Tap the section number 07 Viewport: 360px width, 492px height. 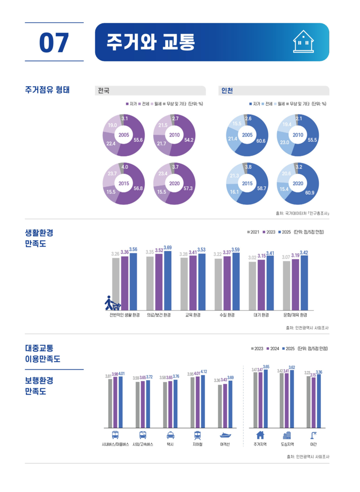pyautogui.click(x=54, y=42)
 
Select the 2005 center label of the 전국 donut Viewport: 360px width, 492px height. pyautogui.click(x=124, y=135)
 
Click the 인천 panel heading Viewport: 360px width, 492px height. pyautogui.click(x=227, y=91)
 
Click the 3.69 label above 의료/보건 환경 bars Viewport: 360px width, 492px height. pyautogui.click(x=168, y=248)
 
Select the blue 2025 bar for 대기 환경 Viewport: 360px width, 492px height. pyautogui.click(x=270, y=282)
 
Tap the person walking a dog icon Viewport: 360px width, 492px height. pyautogui.click(x=112, y=303)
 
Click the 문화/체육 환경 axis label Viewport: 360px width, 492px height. pyautogui.click(x=295, y=315)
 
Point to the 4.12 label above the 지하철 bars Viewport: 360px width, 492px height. pyautogui.click(x=204, y=372)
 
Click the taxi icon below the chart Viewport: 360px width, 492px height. pyautogui.click(x=170, y=435)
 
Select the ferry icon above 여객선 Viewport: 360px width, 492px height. pyautogui.click(x=225, y=435)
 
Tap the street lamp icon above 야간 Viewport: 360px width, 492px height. pyautogui.click(x=314, y=435)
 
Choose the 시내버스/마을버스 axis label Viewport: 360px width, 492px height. pyautogui.click(x=115, y=445)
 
